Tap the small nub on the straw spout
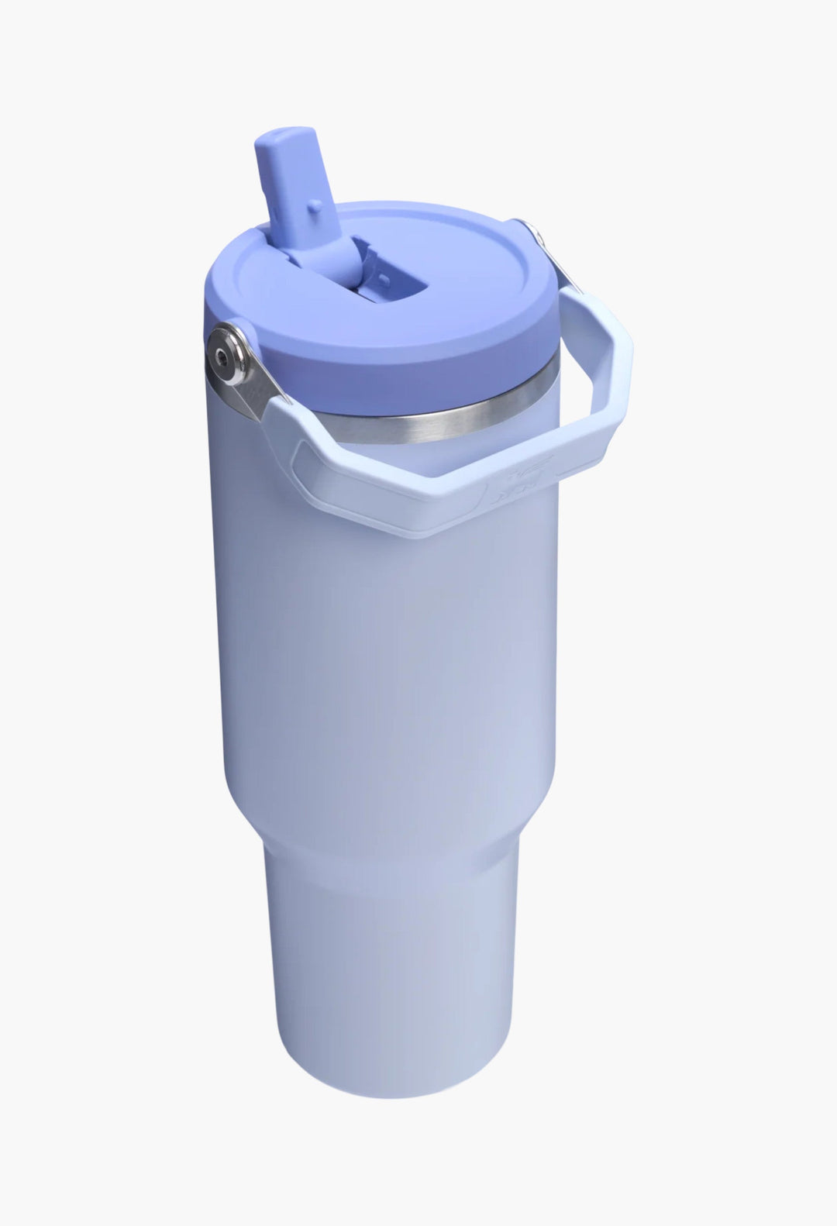coord(315,206)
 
